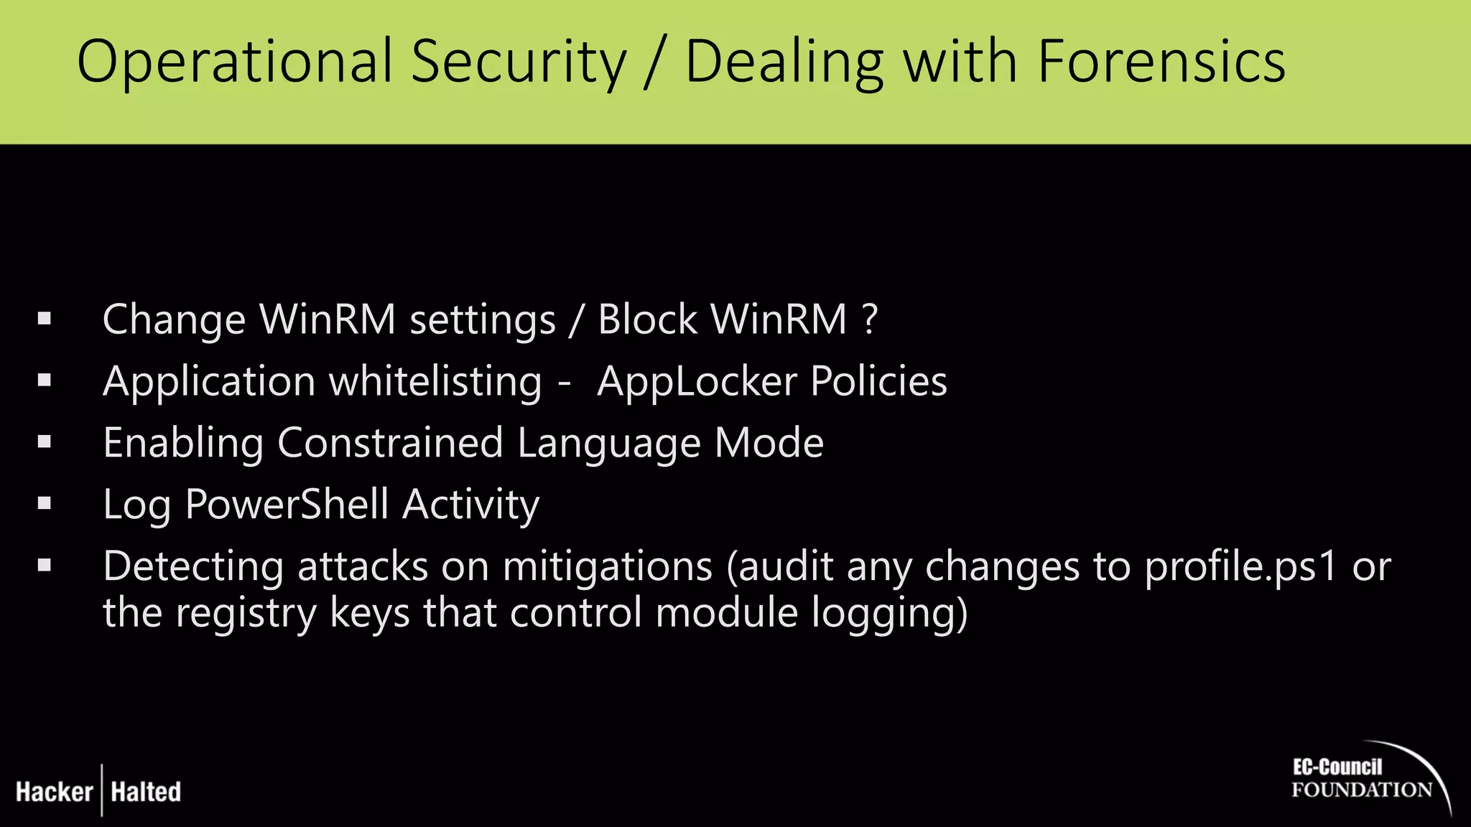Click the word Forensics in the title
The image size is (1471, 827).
pos(1161,62)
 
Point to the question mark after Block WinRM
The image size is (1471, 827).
pos(870,319)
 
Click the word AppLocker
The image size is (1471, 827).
pos(697,382)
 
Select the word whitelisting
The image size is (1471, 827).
pos(435,382)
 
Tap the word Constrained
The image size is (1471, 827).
pos(389,443)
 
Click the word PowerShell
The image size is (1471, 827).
pos(287,505)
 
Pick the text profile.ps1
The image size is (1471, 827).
pos(1240,567)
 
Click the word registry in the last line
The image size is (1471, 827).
pos(246,615)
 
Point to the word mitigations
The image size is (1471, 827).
pos(607,567)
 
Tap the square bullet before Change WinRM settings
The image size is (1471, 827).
pos(45,319)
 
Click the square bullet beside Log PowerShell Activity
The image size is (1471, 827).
pos(45,504)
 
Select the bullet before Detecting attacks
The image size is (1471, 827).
pos(45,566)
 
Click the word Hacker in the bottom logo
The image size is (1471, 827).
pos(55,792)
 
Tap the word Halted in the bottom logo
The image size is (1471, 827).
pos(146,792)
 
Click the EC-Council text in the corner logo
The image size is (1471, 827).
pos(1337,767)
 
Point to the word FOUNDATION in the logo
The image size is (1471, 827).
pos(1361,790)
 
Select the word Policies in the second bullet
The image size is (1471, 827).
pos(878,381)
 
